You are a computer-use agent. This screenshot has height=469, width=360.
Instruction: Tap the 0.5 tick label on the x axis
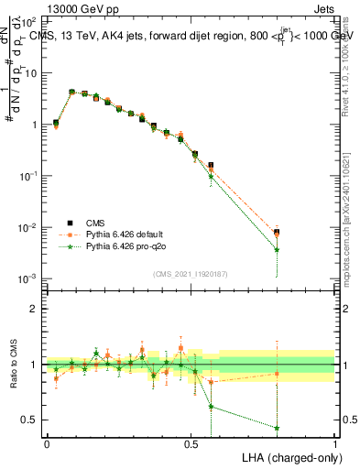pos(191,443)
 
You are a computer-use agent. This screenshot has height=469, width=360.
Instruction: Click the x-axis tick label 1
pos(335,443)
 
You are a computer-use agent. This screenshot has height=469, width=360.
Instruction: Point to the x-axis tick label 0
pos(47,443)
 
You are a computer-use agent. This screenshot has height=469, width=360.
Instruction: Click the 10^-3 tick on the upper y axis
pos(30,278)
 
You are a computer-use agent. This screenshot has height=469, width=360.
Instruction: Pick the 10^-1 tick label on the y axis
pos(30,175)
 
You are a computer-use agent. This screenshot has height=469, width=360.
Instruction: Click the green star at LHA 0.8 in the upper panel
pos(277,249)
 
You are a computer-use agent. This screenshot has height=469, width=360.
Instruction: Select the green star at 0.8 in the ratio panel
pos(277,428)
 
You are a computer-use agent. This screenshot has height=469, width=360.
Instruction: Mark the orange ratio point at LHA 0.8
pos(277,373)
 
